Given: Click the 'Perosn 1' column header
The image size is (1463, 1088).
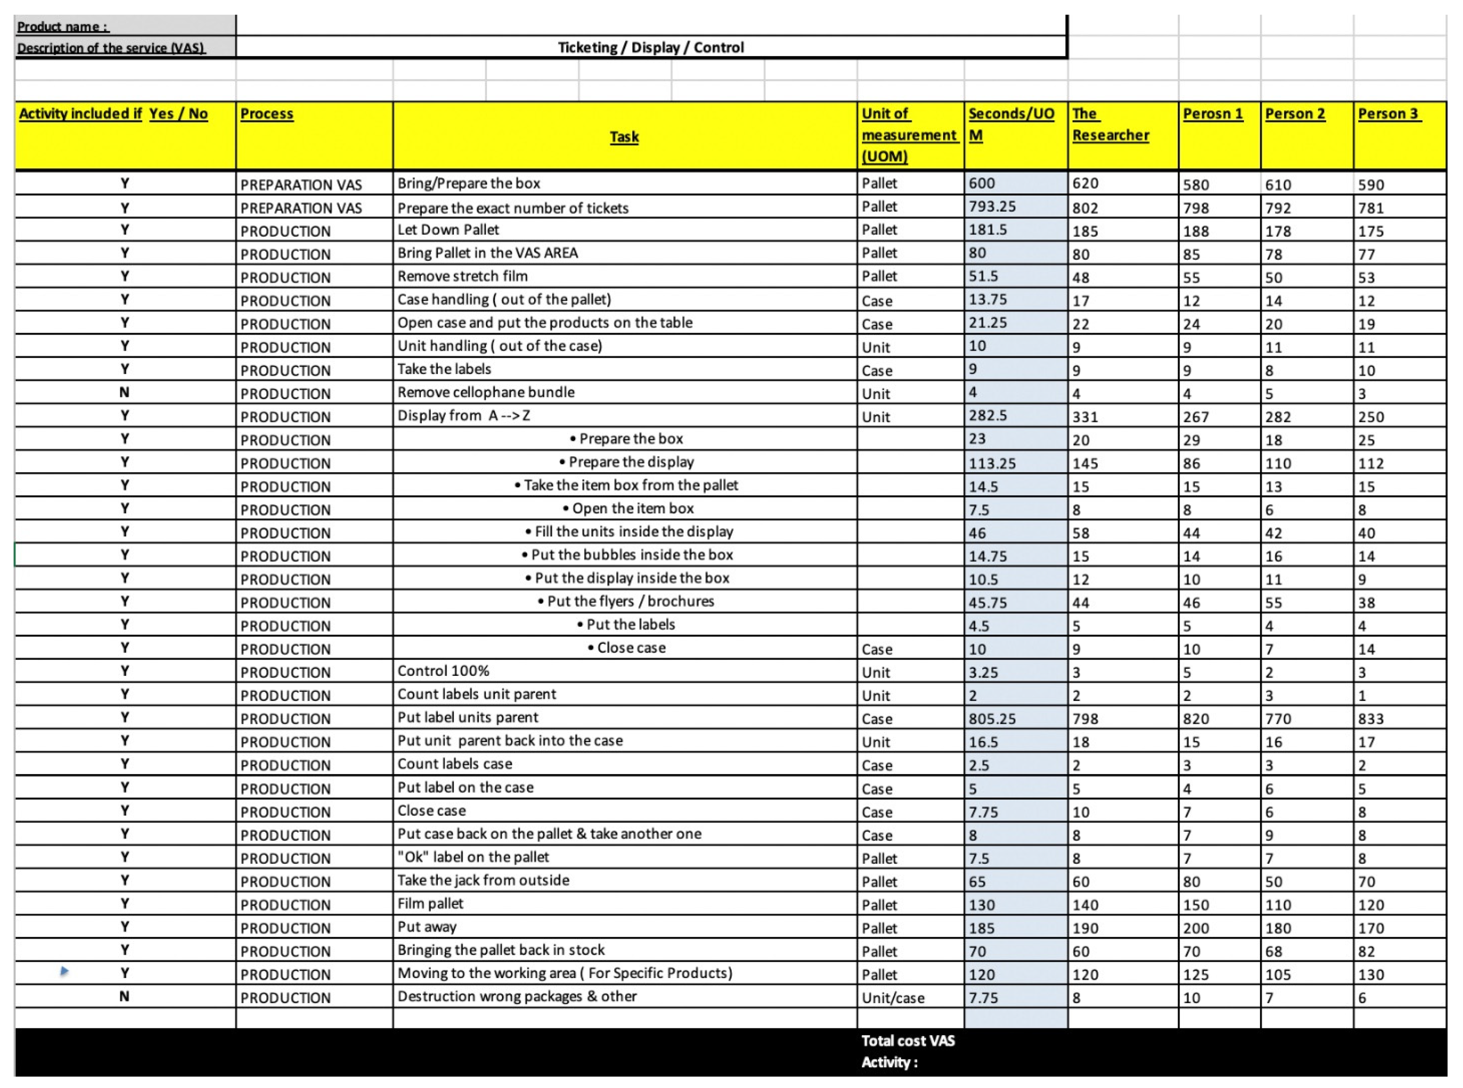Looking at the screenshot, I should (1213, 114).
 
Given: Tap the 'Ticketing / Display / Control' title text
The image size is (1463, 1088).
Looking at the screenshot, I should (651, 47).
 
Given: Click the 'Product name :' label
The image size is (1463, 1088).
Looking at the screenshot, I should (63, 26).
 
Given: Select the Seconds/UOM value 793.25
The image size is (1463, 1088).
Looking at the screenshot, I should (992, 207).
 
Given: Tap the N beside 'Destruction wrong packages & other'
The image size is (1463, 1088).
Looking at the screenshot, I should (125, 996).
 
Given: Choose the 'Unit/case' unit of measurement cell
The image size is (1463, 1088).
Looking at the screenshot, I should (893, 998).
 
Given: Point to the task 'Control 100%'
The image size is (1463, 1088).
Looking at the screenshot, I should (443, 671).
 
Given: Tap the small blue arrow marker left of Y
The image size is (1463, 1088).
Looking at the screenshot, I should (64, 971).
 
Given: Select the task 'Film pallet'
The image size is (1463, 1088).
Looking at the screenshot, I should (430, 903).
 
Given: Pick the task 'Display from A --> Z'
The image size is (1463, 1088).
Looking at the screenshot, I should (463, 415).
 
